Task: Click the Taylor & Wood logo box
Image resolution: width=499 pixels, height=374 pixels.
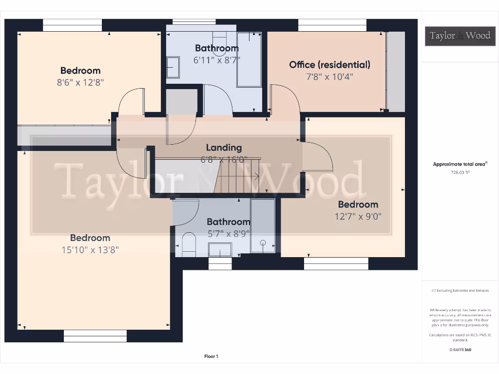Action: [x=460, y=36]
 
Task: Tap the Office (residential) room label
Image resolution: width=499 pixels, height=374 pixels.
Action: [x=329, y=64]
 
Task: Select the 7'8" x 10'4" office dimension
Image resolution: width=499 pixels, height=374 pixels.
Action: [x=329, y=76]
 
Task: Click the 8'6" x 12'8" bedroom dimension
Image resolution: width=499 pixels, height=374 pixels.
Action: [x=80, y=82]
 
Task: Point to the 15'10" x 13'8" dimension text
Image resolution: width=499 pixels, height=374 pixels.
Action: [x=90, y=250]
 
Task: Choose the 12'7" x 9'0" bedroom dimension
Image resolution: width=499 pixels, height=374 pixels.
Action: [x=358, y=216]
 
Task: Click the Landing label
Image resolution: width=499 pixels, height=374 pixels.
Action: [x=224, y=148]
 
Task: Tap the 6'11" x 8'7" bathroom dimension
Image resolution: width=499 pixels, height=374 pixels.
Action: [x=217, y=60]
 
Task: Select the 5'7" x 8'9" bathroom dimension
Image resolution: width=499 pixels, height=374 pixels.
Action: [x=229, y=233]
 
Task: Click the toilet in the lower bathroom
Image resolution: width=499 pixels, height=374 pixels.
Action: [x=188, y=244]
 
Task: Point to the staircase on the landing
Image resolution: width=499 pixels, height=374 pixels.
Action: [x=239, y=175]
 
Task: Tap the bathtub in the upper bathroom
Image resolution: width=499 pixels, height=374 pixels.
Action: [x=249, y=59]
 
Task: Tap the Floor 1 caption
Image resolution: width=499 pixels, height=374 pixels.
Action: [x=211, y=356]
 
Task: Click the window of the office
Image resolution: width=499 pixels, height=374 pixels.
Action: [x=332, y=25]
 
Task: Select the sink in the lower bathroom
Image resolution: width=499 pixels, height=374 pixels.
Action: [x=220, y=250]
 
